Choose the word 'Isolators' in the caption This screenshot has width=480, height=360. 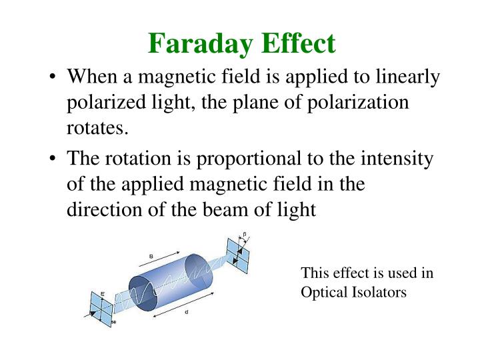(378, 292)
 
